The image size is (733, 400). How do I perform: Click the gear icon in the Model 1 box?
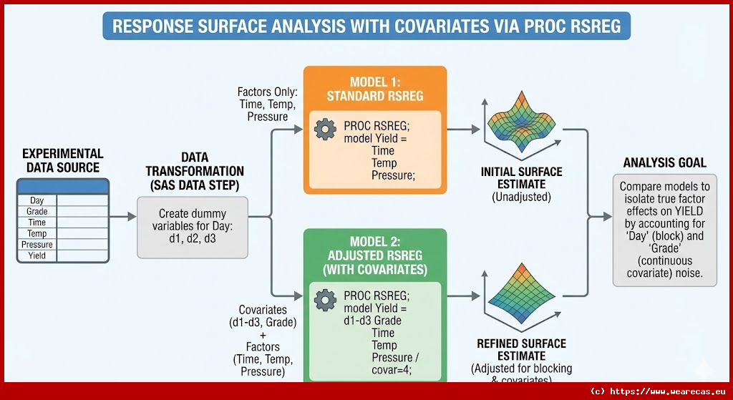[326, 130]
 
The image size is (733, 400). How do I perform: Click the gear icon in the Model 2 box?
[326, 299]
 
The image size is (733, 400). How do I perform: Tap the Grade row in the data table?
[37, 212]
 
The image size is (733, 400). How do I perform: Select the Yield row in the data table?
[37, 255]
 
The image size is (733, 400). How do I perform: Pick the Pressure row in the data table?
[37, 245]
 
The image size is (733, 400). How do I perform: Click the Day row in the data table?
[37, 201]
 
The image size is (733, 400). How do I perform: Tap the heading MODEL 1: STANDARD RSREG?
[375, 89]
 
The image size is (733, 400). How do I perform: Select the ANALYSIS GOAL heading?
[664, 162]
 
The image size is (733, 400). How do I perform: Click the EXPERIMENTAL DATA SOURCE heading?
[62, 160]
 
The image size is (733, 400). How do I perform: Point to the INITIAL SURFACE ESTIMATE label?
[521, 178]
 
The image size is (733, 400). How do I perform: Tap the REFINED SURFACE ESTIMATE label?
[521, 350]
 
